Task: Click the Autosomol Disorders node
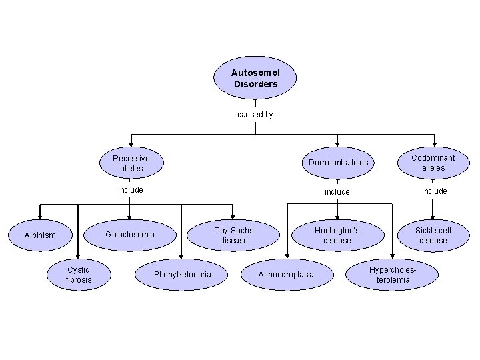[255, 79]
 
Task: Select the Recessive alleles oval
[131, 163]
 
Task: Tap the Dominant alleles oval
[338, 163]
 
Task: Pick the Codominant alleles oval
[433, 163]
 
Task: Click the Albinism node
[40, 235]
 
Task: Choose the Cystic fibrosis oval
[79, 275]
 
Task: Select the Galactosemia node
[130, 234]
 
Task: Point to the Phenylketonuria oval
[182, 275]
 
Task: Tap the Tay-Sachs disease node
[233, 235]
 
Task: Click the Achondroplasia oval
[286, 275]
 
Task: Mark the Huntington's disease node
[337, 235]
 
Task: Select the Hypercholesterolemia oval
[393, 275]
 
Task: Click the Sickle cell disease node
[433, 235]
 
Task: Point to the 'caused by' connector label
[255, 115]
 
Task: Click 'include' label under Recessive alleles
[131, 190]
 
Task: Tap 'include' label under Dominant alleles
[337, 191]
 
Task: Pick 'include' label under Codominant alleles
[434, 191]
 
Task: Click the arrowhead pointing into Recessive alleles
[131, 143]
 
